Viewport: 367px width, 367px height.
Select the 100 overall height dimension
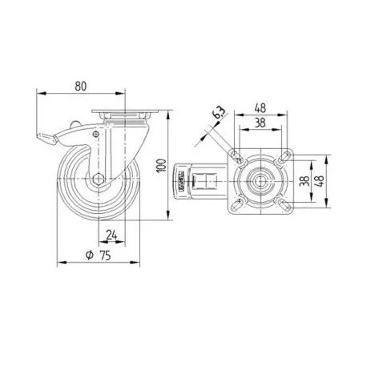pos(161,166)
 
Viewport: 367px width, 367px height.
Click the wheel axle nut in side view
pos(100,179)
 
